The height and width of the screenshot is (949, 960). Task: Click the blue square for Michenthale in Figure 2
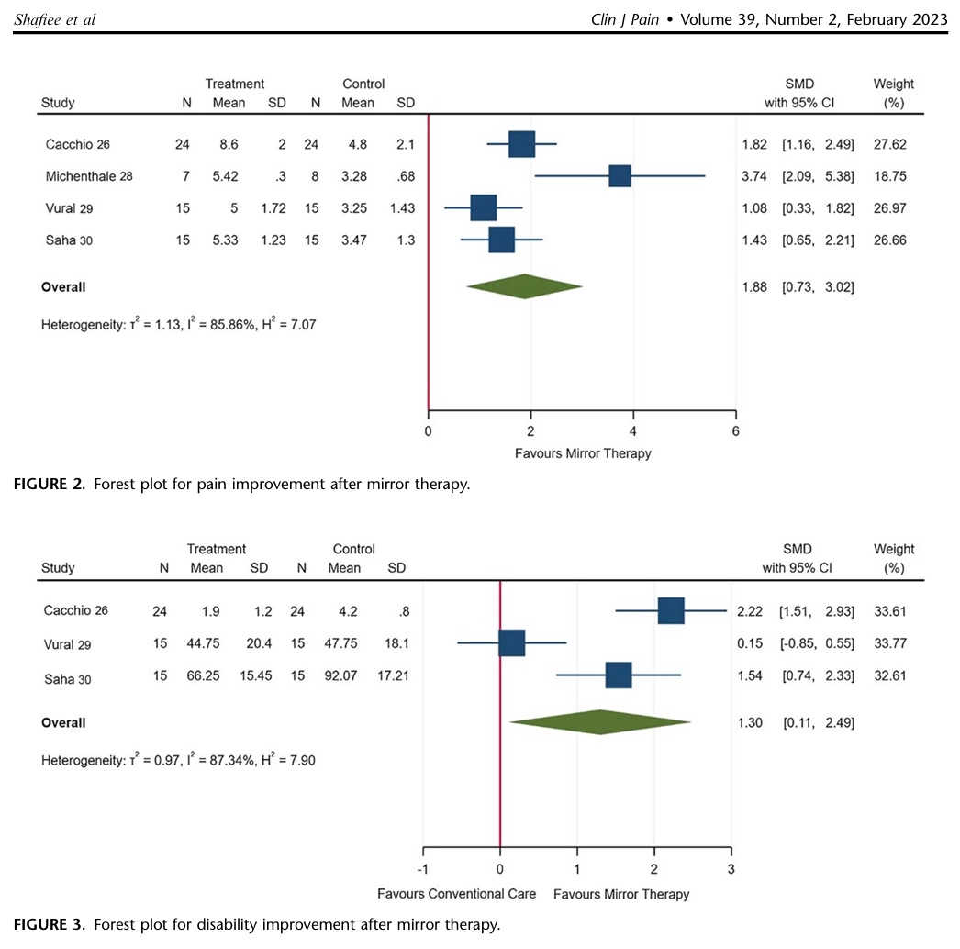point(620,176)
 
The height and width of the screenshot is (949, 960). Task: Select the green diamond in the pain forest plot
point(524,286)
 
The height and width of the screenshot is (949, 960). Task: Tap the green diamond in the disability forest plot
point(600,722)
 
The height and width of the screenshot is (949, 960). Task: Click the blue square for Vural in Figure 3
point(511,643)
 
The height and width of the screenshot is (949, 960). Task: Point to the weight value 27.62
point(891,144)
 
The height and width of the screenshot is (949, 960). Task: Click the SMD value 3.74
point(755,176)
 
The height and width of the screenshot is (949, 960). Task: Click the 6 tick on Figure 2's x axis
point(735,432)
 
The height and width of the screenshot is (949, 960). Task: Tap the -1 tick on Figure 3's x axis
point(422,868)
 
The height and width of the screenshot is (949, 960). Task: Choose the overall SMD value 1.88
point(755,287)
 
